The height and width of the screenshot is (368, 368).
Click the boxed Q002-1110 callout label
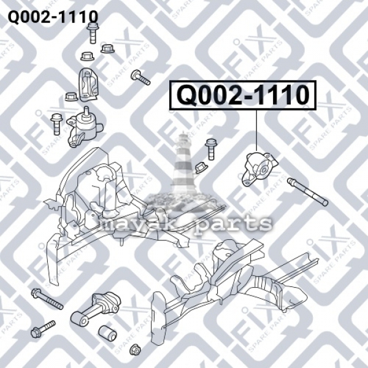(243, 95)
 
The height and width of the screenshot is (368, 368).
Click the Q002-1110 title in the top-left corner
(53, 17)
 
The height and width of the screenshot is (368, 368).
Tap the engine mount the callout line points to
(259, 169)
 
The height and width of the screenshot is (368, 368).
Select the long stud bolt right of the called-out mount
(307, 192)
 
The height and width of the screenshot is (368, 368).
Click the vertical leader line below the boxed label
(256, 130)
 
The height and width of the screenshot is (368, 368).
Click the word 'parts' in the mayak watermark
(233, 223)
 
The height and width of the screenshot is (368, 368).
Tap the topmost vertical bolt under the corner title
(93, 33)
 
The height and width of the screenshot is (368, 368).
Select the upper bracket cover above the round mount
(89, 85)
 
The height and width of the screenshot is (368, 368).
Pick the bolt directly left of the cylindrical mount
(56, 124)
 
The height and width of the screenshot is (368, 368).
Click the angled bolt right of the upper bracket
(140, 78)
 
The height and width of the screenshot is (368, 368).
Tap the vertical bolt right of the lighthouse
(210, 149)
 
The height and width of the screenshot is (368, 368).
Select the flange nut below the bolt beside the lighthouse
(201, 167)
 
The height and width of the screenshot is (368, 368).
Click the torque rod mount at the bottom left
(96, 309)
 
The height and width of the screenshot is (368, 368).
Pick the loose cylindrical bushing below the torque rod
(107, 333)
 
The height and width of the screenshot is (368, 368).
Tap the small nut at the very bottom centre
(135, 349)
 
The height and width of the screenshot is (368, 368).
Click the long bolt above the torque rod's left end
(47, 299)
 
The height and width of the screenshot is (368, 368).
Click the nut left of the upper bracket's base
(71, 97)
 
